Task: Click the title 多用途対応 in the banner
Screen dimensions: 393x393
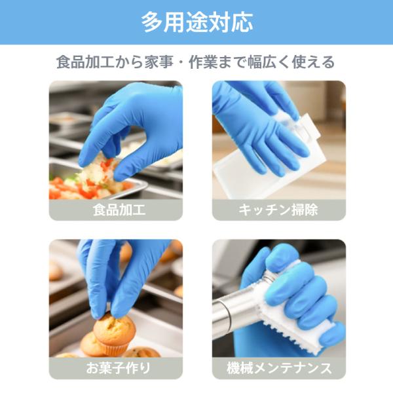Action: click(196, 22)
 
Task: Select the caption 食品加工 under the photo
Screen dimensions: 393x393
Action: click(119, 210)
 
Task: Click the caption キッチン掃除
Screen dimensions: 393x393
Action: click(278, 210)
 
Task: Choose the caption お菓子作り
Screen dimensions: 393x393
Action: click(119, 368)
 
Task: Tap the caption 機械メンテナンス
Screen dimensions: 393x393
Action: click(279, 368)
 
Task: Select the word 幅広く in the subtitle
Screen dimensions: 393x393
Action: click(269, 62)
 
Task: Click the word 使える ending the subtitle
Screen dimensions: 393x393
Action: click(314, 62)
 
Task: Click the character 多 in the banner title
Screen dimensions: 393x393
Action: click(152, 22)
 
